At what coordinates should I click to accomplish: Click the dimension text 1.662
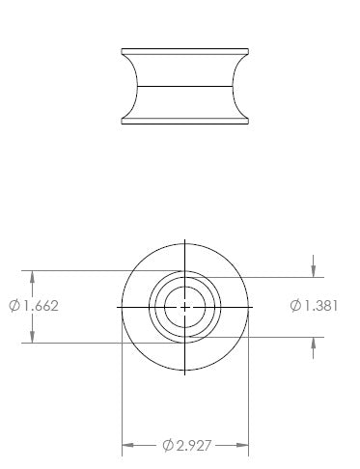42,306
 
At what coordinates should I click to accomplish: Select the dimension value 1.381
320,306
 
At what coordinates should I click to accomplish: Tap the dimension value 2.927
194,446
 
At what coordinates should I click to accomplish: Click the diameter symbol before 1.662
14,306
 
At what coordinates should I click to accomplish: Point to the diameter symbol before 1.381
295,306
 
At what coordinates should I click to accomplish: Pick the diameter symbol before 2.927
168,446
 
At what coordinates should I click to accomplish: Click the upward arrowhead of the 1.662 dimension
32,277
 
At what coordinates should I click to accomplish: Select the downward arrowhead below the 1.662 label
32,337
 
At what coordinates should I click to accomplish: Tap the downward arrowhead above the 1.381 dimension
314,271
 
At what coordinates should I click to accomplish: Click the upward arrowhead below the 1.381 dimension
314,344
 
